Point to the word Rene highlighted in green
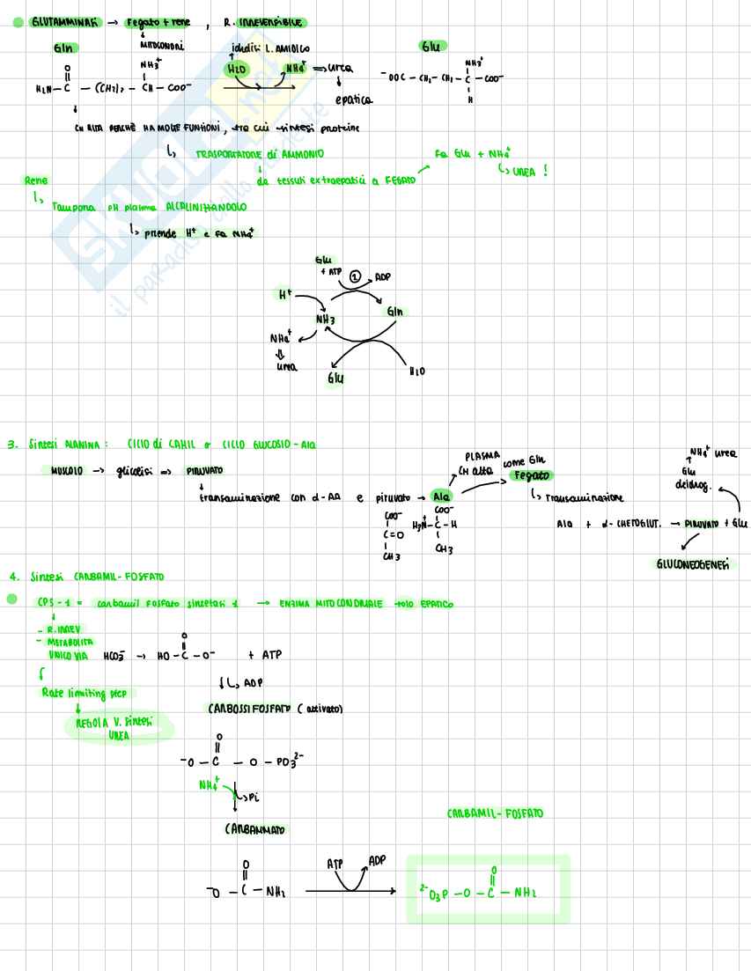(x=36, y=180)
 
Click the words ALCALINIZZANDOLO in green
(x=206, y=207)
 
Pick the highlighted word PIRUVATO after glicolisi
(x=204, y=471)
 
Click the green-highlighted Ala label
(x=441, y=497)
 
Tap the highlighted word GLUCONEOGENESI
(x=693, y=564)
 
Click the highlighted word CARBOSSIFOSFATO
(x=249, y=709)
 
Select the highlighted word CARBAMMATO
(x=255, y=829)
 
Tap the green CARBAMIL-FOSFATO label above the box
(x=495, y=813)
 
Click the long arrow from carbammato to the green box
(x=352, y=892)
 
